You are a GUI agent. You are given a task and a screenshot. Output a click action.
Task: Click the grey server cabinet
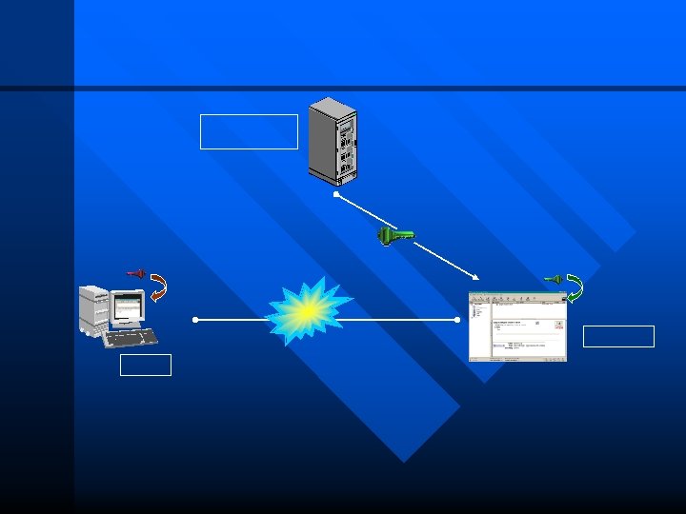[333, 140]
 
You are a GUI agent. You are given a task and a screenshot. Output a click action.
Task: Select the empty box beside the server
[249, 131]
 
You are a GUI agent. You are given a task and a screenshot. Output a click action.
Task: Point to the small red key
[135, 274]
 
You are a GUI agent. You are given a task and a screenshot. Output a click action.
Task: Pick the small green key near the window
[552, 279]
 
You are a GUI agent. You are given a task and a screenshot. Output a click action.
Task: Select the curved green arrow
[574, 287]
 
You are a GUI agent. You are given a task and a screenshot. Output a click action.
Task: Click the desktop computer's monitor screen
[128, 306]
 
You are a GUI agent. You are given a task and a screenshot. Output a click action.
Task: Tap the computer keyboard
[130, 337]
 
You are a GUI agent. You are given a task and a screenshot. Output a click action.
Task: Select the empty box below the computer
[146, 365]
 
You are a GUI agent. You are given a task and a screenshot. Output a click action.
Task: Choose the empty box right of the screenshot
[618, 336]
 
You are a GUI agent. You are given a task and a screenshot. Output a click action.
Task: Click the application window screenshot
[517, 326]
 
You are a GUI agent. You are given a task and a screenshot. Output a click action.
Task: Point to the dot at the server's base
[335, 194]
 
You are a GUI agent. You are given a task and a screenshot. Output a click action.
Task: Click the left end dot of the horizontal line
[194, 320]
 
